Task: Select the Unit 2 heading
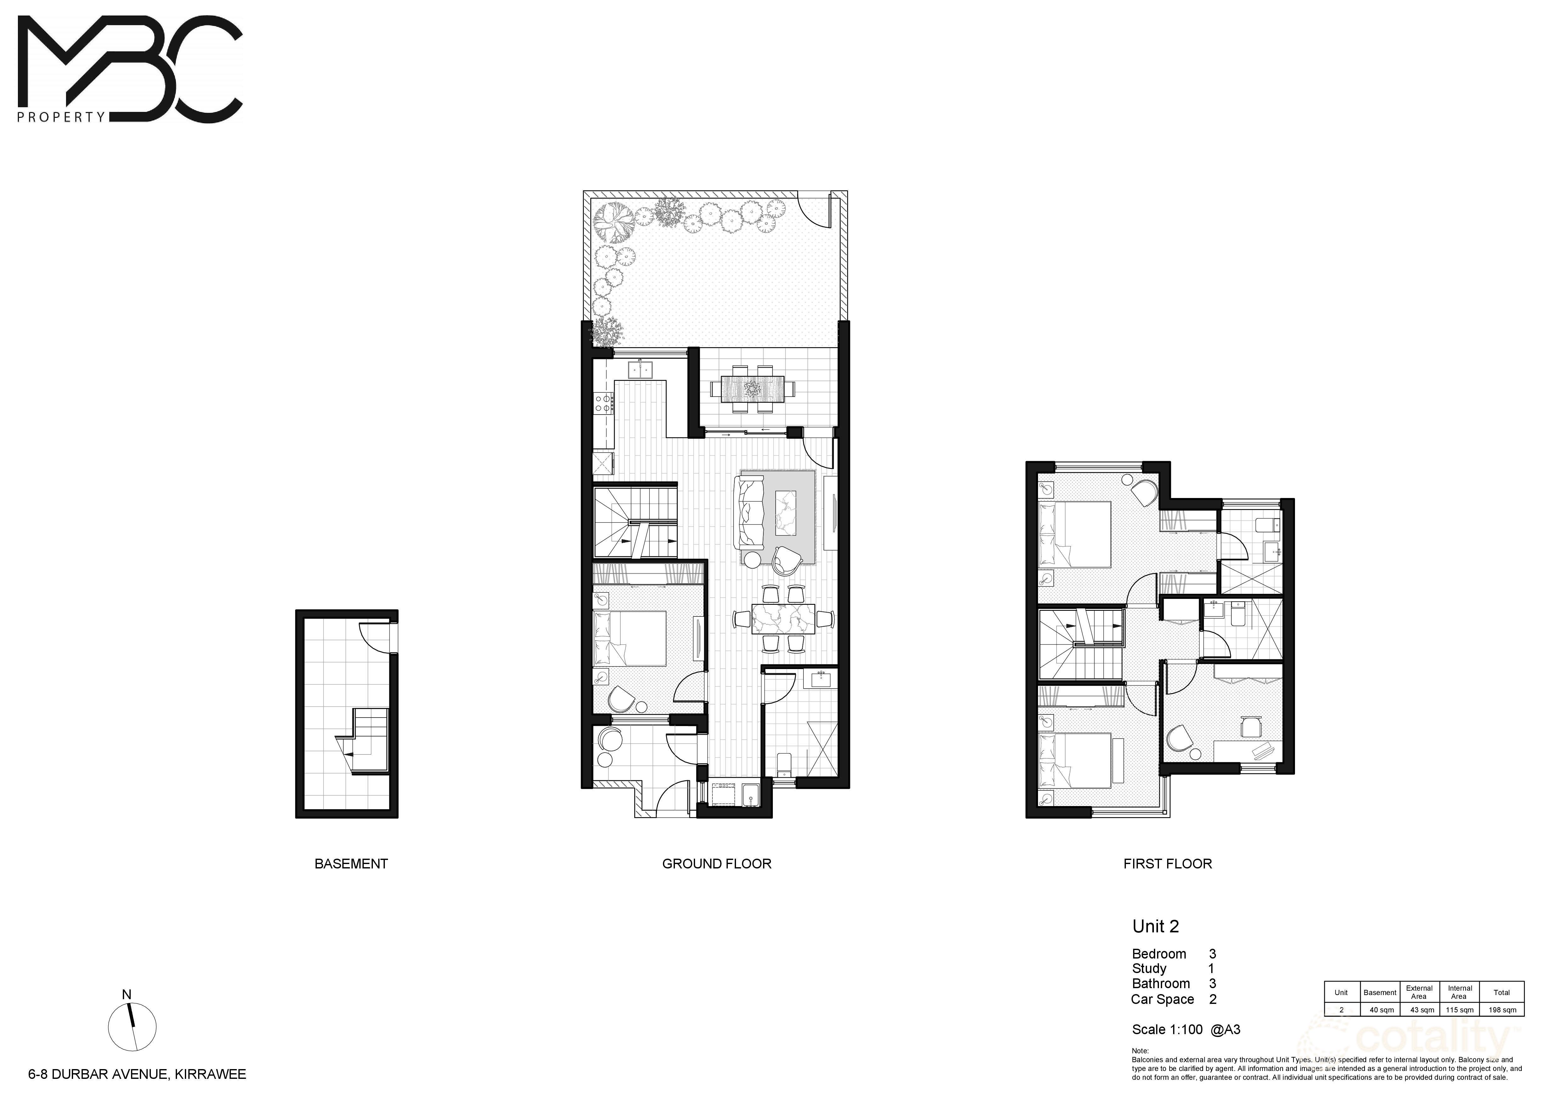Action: (x=1155, y=926)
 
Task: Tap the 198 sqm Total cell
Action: (x=1502, y=1010)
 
